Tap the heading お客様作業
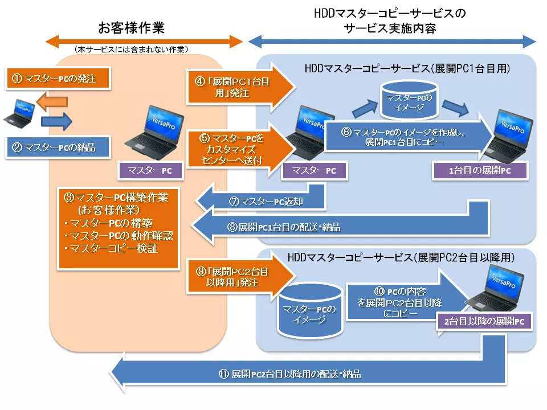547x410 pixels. point(132,27)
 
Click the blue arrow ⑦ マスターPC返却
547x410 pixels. point(262,200)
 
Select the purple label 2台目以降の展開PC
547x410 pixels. point(484,321)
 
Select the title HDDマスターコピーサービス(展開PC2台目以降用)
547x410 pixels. point(402,258)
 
